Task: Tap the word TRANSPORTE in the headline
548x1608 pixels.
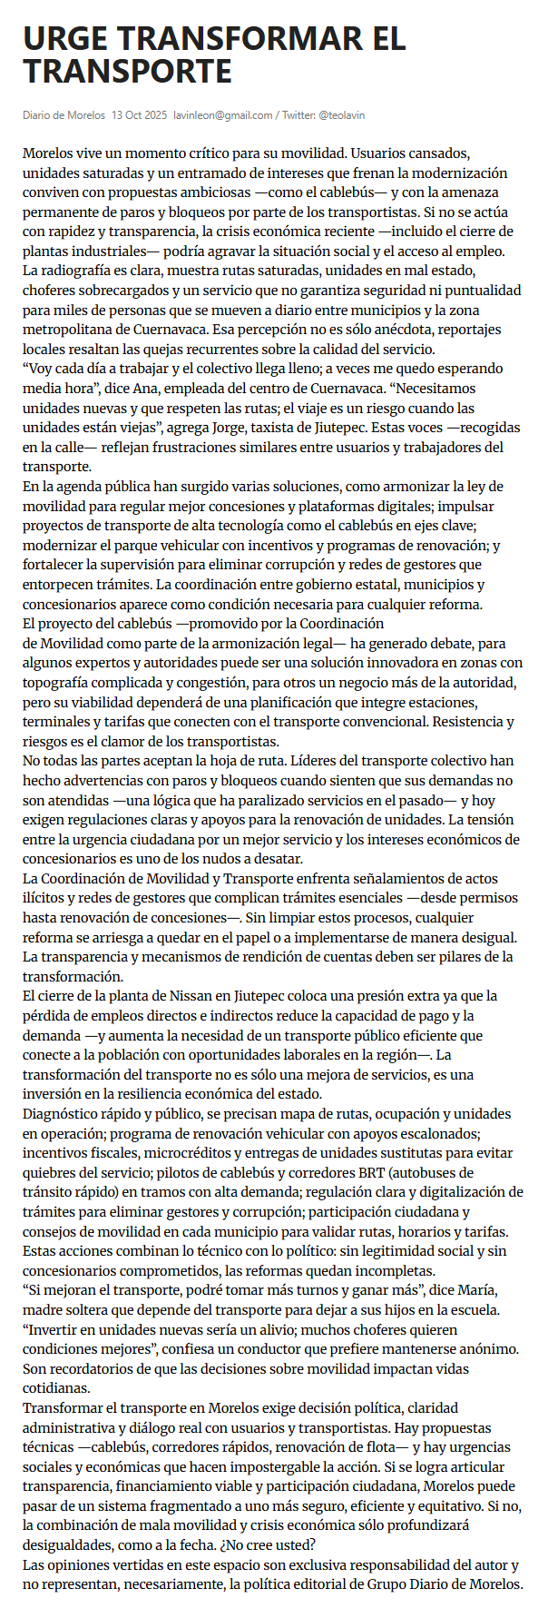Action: tap(127, 71)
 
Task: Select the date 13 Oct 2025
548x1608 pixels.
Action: tap(139, 115)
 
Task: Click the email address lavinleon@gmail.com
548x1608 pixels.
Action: tap(223, 115)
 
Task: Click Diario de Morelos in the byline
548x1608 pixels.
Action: tap(64, 115)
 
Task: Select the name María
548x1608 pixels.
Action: tap(450, 1290)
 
